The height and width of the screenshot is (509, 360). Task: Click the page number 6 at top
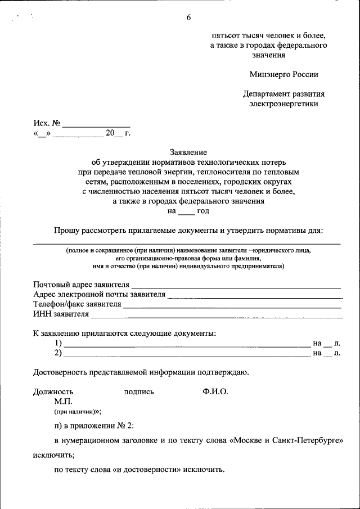pyautogui.click(x=188, y=17)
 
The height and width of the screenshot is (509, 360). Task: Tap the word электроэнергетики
pyautogui.click(x=283, y=103)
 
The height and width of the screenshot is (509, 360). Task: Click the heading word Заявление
pyautogui.click(x=188, y=152)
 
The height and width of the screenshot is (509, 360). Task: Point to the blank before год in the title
pyautogui.click(x=186, y=211)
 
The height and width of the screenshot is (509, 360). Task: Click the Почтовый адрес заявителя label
pyautogui.click(x=81, y=284)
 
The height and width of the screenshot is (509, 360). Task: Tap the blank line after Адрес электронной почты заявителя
pyautogui.click(x=255, y=294)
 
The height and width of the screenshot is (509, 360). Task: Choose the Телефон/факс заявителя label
pyautogui.click(x=77, y=304)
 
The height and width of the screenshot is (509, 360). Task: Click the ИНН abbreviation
pyautogui.click(x=42, y=314)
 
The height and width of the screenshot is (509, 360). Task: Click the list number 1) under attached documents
pyautogui.click(x=58, y=343)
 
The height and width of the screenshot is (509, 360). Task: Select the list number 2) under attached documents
pyautogui.click(x=58, y=353)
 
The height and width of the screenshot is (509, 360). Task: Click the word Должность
pyautogui.click(x=53, y=392)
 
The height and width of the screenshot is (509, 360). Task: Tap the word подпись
pyautogui.click(x=139, y=392)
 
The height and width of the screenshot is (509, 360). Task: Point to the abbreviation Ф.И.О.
pyautogui.click(x=215, y=391)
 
